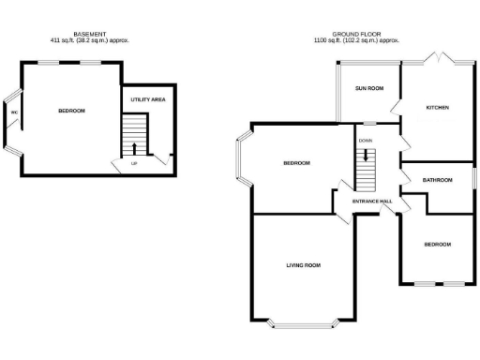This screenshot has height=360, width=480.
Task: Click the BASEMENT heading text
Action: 89,35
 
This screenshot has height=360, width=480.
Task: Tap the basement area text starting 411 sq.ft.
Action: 89,41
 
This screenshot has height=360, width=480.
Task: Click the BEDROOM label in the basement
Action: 71,112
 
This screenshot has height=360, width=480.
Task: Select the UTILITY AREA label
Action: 148,98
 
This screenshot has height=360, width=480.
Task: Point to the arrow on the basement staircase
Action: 133,146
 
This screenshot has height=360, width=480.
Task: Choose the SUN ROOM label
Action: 369,88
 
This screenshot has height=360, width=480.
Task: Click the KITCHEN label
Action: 438,108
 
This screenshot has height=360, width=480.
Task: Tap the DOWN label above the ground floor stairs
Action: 366,141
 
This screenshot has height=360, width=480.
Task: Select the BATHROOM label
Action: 437,180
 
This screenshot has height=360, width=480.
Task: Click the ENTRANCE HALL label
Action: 371,202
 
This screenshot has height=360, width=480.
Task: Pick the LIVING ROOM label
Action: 303,265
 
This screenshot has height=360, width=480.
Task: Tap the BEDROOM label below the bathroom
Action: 437,245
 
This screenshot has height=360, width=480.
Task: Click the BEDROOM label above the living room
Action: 296,163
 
